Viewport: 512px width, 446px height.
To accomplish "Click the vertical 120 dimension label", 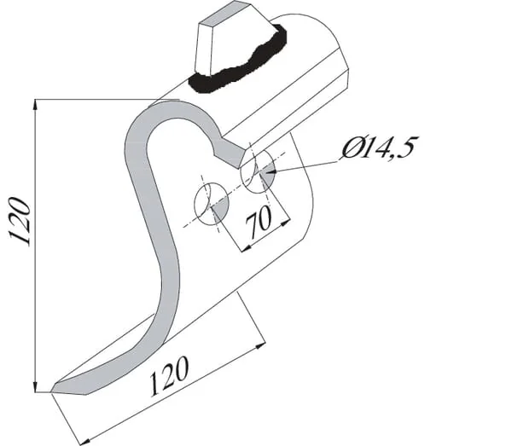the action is point(20,221).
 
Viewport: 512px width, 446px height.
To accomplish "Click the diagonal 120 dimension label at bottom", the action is point(168,376).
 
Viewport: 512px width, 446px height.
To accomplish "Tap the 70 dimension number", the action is point(259,222).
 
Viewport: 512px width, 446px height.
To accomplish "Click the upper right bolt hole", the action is point(258,171).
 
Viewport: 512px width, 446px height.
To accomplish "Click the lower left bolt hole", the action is point(212,204).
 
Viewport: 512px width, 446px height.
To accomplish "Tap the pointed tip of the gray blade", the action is point(52,391).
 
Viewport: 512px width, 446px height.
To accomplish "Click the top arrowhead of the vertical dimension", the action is point(35,105).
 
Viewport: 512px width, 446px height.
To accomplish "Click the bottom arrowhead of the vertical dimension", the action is point(35,385).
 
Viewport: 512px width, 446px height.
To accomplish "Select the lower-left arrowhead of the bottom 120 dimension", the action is point(85,441).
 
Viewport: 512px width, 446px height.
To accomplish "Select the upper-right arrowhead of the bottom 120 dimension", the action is point(260,346).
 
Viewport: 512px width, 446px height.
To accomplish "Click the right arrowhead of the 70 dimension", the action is point(285,223).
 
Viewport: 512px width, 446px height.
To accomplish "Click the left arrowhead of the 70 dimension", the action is point(247,248).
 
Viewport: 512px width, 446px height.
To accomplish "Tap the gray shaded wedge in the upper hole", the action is point(267,173).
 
